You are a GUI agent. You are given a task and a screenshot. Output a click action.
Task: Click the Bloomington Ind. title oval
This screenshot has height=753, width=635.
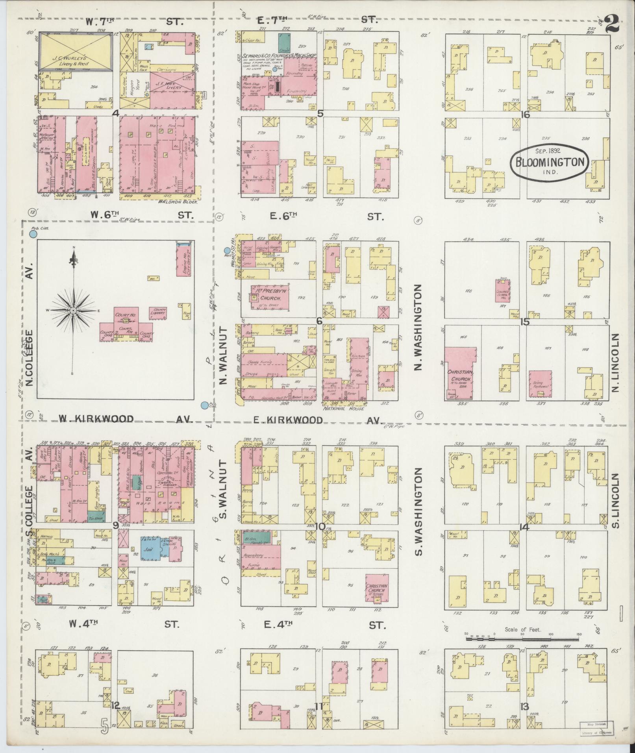(550, 163)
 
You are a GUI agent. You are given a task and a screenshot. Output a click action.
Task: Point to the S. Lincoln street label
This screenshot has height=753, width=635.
(616, 500)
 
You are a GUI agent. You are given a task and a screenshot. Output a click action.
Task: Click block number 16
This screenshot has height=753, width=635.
(525, 115)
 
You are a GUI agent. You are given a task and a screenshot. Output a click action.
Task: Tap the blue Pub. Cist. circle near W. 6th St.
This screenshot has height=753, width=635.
(33, 234)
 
